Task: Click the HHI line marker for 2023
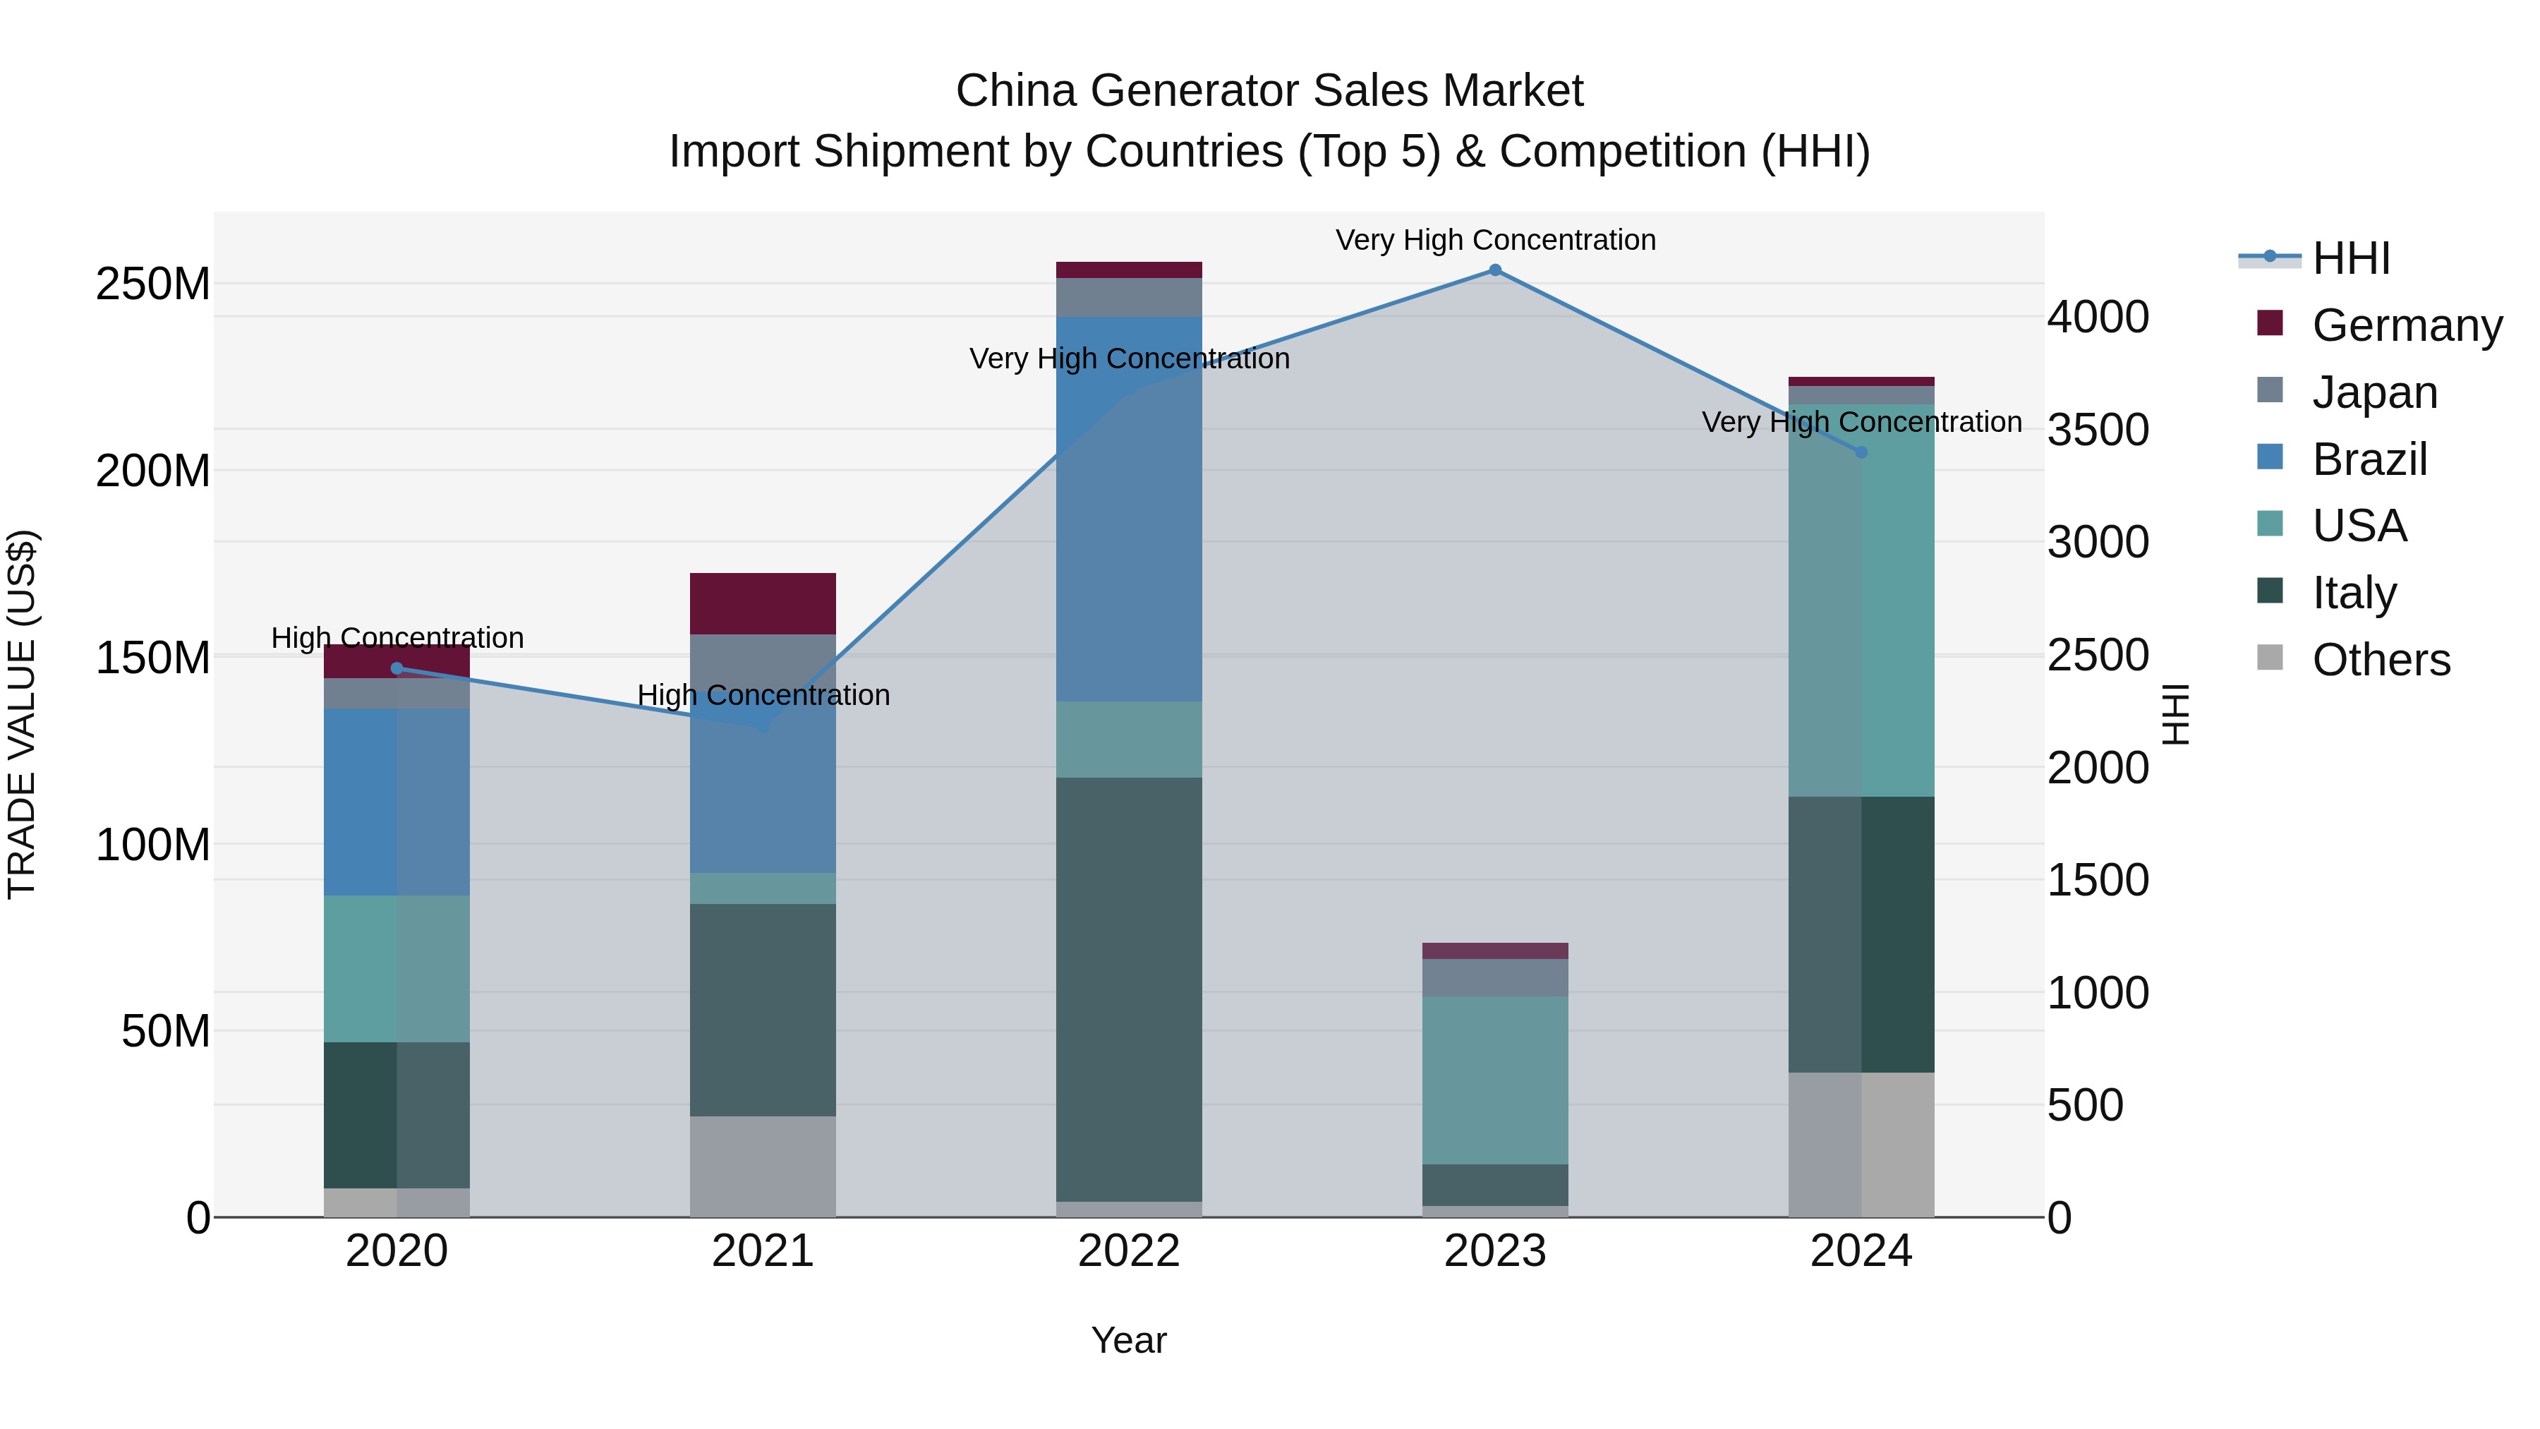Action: pos(1495,270)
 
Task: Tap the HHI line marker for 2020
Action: pos(397,669)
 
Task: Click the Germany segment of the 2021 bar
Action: pos(762,603)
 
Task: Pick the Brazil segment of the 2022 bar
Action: pos(1129,509)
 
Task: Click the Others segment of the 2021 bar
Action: pos(762,1166)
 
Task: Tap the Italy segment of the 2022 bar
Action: pos(1129,989)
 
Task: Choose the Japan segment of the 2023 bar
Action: pos(1495,977)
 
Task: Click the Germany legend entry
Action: pos(2406,325)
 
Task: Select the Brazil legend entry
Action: pos(2369,459)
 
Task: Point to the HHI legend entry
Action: pos(2351,258)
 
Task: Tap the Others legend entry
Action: pos(2381,660)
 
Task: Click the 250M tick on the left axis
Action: pos(153,284)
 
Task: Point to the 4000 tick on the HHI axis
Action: pos(2098,318)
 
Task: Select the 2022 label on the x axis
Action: pos(1129,1251)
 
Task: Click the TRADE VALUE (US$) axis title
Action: pos(22,714)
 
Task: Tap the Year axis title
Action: pos(1129,1340)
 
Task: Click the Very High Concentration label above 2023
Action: pos(1495,240)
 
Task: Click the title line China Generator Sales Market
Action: pos(1269,91)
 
